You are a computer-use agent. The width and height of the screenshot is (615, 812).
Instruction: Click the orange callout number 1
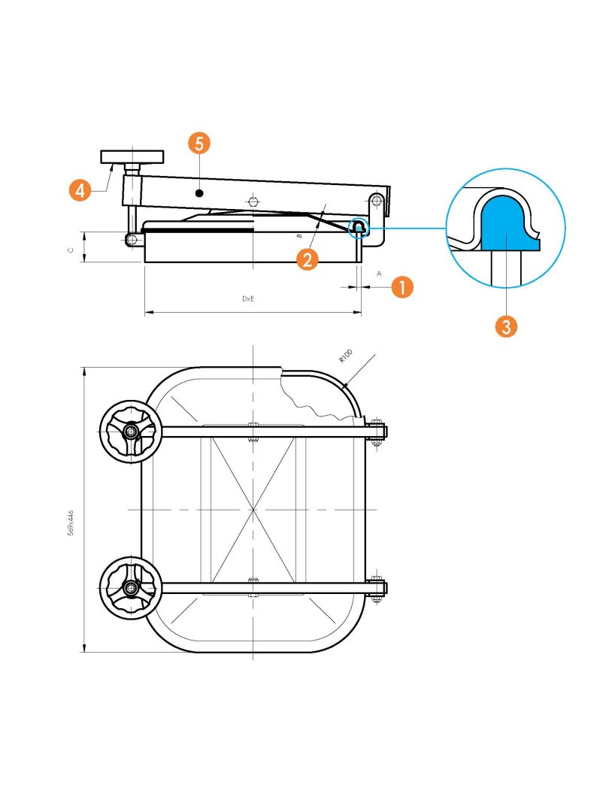click(x=402, y=286)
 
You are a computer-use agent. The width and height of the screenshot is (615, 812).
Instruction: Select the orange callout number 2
click(x=307, y=259)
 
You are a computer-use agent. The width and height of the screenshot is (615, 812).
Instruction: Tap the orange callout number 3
click(x=506, y=327)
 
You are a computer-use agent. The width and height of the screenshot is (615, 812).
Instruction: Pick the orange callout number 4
click(x=80, y=190)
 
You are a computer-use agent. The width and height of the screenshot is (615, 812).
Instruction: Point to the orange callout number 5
click(x=199, y=143)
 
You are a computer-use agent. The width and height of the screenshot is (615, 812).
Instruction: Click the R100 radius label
click(x=345, y=356)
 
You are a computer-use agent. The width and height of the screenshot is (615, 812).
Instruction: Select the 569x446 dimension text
click(x=71, y=523)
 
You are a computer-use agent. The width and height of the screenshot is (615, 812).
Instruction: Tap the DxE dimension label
click(x=249, y=298)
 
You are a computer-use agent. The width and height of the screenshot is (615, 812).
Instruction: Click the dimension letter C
click(x=71, y=250)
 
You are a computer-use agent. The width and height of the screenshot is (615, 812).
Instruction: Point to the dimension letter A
click(x=378, y=274)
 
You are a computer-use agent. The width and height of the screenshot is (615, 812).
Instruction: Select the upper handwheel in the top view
click(x=131, y=431)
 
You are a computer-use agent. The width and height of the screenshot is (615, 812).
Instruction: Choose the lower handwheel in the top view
click(x=131, y=587)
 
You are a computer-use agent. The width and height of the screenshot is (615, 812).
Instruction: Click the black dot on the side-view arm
click(x=199, y=193)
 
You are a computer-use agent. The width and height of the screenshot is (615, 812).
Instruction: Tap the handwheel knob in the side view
click(x=132, y=156)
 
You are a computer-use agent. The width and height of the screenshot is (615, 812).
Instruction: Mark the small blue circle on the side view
click(x=358, y=227)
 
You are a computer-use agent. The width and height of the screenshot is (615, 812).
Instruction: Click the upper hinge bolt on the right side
click(x=377, y=431)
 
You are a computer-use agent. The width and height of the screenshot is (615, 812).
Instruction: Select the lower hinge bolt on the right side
click(x=377, y=587)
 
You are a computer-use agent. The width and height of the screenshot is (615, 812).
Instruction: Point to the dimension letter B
click(x=299, y=235)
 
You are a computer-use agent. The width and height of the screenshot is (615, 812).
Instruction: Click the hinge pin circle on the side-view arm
click(x=377, y=198)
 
